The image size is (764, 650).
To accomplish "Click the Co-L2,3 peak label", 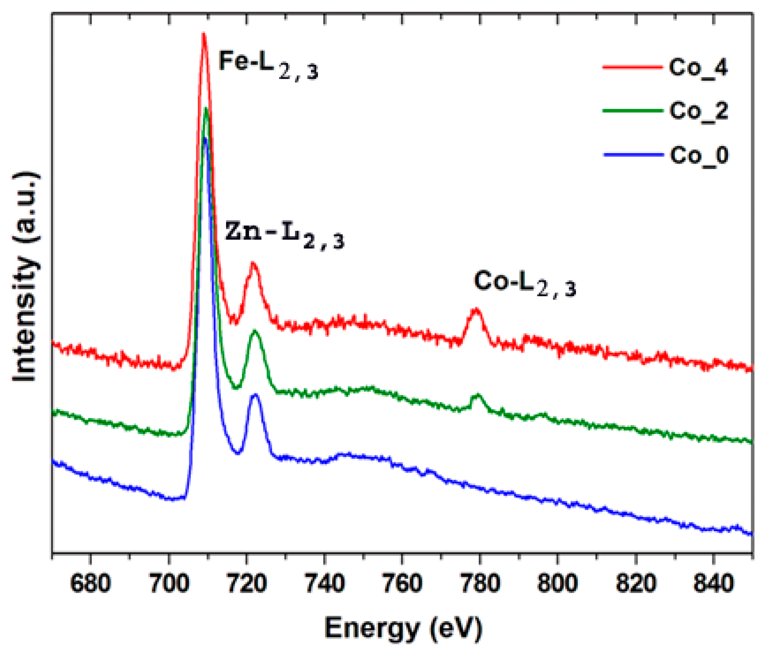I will point(524,283).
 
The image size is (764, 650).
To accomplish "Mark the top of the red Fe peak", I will point(203,34).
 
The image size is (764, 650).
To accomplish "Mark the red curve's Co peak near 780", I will point(476,310).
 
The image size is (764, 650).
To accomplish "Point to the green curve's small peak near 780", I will point(478,395).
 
